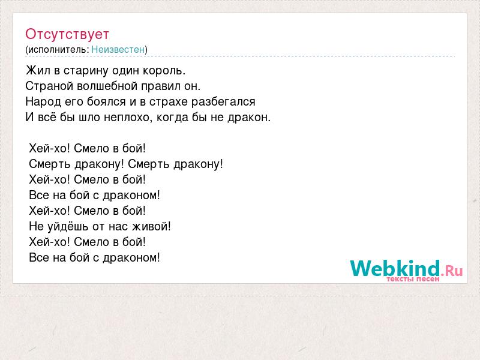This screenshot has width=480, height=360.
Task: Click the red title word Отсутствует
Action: click(67, 34)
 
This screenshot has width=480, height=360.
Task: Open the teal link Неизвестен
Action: click(118, 49)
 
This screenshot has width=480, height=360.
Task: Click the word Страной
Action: click(49, 86)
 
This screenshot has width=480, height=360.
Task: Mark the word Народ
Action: click(43, 101)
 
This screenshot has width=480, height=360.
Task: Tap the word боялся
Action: click(106, 101)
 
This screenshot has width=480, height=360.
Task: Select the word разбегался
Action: click(223, 102)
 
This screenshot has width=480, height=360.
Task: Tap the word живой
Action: click(151, 227)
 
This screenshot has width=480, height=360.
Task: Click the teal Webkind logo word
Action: click(395, 268)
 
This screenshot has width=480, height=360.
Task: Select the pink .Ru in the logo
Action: click(452, 271)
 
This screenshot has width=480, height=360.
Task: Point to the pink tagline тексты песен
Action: click(413, 279)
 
